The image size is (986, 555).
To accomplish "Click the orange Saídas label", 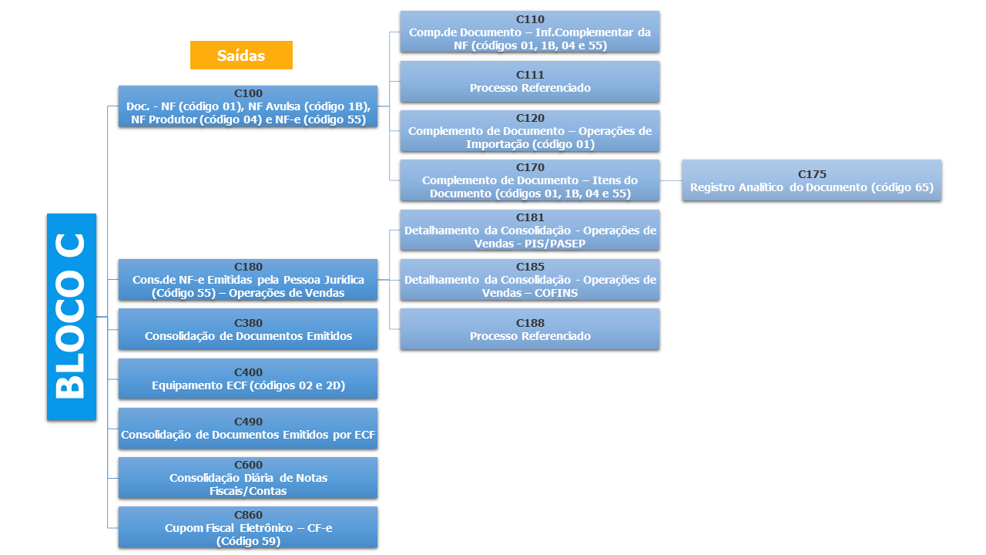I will pyautogui.click(x=241, y=55).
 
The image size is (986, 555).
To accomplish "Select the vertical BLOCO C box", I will pyautogui.click(x=72, y=317).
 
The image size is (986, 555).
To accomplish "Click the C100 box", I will pyautogui.click(x=247, y=106).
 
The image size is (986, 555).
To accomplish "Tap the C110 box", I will pyautogui.click(x=529, y=32).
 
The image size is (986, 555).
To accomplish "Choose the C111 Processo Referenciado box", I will pyautogui.click(x=529, y=82).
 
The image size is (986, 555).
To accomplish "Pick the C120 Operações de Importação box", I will pyautogui.click(x=529, y=131).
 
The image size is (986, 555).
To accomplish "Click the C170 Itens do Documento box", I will pyautogui.click(x=529, y=180).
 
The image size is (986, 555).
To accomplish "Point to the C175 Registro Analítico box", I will pyautogui.click(x=811, y=180).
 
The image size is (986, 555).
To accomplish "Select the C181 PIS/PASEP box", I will pyautogui.click(x=529, y=230).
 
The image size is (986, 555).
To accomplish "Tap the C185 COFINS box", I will pyautogui.click(x=529, y=280).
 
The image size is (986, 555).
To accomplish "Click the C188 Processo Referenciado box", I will pyautogui.click(x=529, y=329).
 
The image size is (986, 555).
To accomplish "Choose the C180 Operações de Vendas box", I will pyautogui.click(x=247, y=280).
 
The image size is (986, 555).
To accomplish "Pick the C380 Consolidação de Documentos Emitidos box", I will pyautogui.click(x=247, y=329).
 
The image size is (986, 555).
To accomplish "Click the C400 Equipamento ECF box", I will pyautogui.click(x=247, y=378).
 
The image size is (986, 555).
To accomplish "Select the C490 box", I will pyautogui.click(x=247, y=428).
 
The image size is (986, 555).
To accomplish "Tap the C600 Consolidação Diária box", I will pyautogui.click(x=247, y=478).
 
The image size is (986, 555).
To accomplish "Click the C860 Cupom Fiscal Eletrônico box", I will pyautogui.click(x=247, y=527).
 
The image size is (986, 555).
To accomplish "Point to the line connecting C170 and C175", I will pyautogui.click(x=670, y=180).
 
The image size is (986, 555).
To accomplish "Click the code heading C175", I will pyautogui.click(x=811, y=174).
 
